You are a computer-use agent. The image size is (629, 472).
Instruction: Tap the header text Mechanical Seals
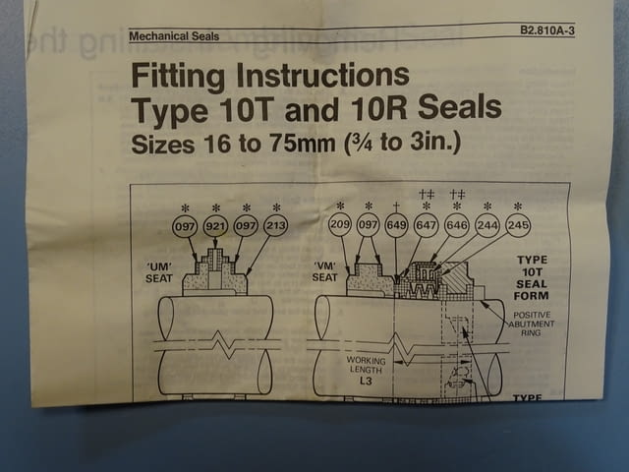click(x=174, y=37)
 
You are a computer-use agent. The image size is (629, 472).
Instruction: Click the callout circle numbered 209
click(x=340, y=226)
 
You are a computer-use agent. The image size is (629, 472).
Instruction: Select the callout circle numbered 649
click(x=397, y=226)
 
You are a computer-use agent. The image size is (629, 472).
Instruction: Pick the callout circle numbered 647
click(x=427, y=226)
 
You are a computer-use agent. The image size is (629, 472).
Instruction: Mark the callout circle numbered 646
click(x=457, y=226)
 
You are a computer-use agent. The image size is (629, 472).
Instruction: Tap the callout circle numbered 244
click(x=487, y=226)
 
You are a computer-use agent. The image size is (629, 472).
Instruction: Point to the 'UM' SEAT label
click(x=159, y=271)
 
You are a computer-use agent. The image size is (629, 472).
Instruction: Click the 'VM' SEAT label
click(x=325, y=270)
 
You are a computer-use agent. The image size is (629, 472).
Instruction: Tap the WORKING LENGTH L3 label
click(x=367, y=370)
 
